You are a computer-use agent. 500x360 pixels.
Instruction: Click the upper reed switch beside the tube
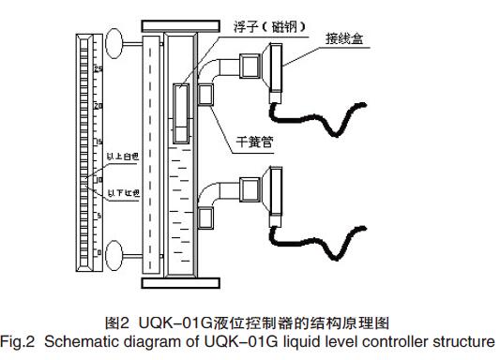[x=205, y=94]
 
